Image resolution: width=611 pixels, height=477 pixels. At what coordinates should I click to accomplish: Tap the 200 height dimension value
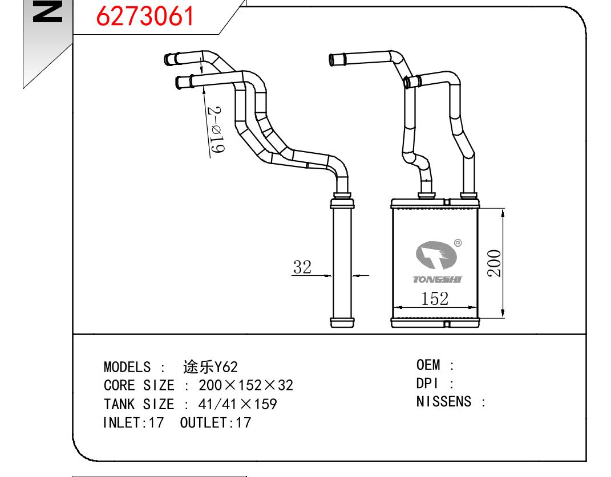[x=495, y=263]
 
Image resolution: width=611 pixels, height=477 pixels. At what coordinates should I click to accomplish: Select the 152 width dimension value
[x=435, y=298]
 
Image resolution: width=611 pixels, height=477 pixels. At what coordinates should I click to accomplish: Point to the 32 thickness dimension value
[x=302, y=266]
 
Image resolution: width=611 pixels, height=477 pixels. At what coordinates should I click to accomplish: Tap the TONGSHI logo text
[x=438, y=280]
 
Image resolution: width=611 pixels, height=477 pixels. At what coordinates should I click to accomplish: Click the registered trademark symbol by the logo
[x=458, y=243]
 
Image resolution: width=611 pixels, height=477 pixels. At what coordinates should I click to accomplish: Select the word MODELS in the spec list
[x=127, y=366]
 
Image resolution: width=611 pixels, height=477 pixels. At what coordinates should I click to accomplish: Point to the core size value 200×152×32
[x=245, y=386]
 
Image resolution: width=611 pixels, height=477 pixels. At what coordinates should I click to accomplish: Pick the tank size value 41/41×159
[x=237, y=405]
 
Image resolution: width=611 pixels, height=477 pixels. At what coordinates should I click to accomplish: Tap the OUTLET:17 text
[x=215, y=423]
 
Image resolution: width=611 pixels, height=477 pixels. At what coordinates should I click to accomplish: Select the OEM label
[x=429, y=365]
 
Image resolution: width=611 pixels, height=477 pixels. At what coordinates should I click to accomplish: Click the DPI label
[x=426, y=384]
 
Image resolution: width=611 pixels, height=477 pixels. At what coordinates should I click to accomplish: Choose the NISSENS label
[x=444, y=402]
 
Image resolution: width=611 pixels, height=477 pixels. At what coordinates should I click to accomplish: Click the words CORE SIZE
[x=139, y=386]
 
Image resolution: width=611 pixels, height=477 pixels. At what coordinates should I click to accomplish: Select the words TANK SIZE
[x=139, y=405]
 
